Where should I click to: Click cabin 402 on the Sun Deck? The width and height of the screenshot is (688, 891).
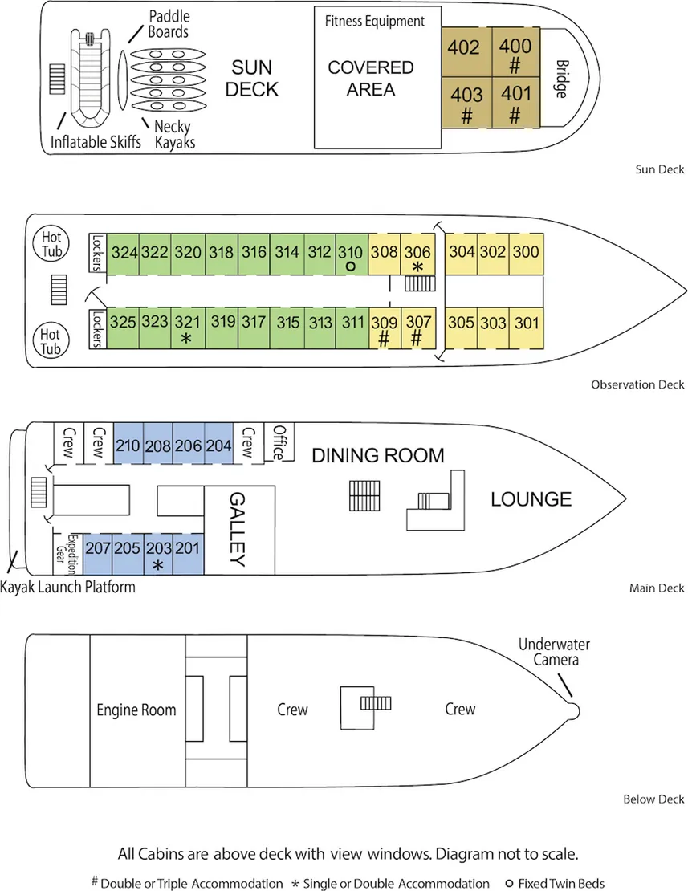(464, 49)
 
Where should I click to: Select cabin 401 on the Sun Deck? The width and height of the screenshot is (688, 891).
(515, 102)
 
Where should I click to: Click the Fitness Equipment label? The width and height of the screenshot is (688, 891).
(374, 22)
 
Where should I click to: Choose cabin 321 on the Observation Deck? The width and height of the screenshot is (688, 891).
(186, 328)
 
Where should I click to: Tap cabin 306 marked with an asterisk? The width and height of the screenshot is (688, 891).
(417, 255)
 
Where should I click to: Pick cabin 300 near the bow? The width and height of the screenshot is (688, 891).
(526, 252)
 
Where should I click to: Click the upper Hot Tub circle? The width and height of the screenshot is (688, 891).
(51, 243)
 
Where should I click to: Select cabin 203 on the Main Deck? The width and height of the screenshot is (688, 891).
(158, 554)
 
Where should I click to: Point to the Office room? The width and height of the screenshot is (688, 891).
(279, 442)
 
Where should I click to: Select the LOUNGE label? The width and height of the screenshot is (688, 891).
(531, 499)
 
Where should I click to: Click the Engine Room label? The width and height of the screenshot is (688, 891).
(136, 710)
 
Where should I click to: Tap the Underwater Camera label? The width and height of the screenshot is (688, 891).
(548, 652)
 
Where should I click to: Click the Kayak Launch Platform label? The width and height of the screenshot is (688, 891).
(67, 587)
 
